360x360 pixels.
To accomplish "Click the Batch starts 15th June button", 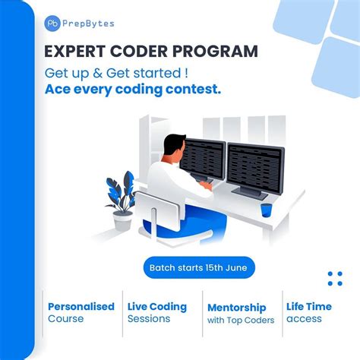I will tap(199, 268).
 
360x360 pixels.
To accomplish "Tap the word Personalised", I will tap(81, 307).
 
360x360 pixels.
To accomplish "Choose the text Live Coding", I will tap(157, 307).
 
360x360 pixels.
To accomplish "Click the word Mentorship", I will tap(237, 308).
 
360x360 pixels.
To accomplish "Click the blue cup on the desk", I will tap(266, 210).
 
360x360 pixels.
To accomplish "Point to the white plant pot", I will tap(122, 221).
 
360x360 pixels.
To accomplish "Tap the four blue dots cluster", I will tap(335, 278).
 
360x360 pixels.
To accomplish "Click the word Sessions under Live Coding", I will tap(150, 319).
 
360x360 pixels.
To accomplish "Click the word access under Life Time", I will tap(304, 319).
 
